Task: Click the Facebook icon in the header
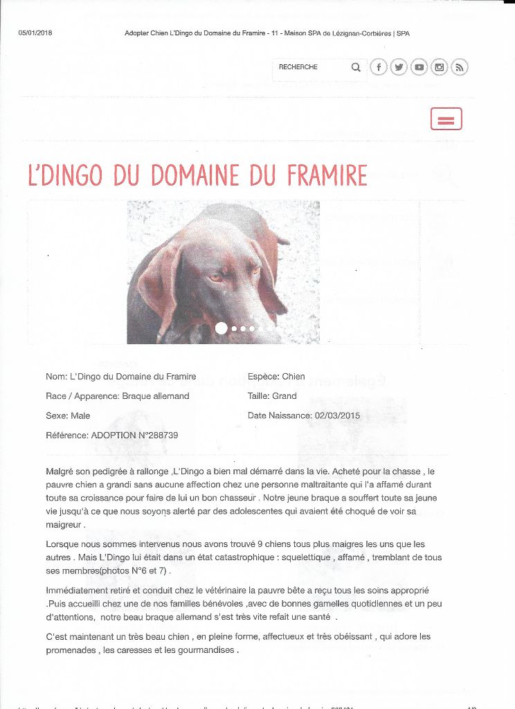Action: pos(378,67)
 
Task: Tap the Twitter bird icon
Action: pos(399,67)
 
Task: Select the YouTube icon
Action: pos(419,67)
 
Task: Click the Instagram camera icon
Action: pos(440,67)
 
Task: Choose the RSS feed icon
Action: pos(460,67)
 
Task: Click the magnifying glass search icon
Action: pos(356,67)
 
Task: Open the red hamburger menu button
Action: pos(446,119)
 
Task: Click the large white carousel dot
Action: pos(222,328)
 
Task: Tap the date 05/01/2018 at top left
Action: pos(35,33)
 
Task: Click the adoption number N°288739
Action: pos(155,436)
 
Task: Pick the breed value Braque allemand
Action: pos(155,396)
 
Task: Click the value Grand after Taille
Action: pos(284,396)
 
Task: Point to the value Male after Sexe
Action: pos(80,415)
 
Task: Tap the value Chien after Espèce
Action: pos(293,377)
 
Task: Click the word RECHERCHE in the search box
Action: pos(298,67)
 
